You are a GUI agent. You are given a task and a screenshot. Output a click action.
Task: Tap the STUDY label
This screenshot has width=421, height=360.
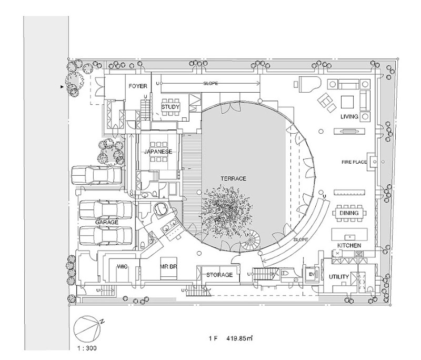171,107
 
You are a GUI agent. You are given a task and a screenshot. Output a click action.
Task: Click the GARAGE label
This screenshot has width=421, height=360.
107,223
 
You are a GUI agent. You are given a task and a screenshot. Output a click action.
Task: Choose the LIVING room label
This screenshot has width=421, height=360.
349,116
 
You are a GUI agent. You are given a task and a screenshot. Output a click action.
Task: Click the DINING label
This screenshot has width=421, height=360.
349,213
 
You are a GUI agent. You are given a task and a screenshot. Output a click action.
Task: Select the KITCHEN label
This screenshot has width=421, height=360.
349,246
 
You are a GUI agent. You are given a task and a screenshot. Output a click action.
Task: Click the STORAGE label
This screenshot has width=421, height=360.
219,275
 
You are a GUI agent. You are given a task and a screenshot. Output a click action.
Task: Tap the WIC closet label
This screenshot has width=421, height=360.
122,267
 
